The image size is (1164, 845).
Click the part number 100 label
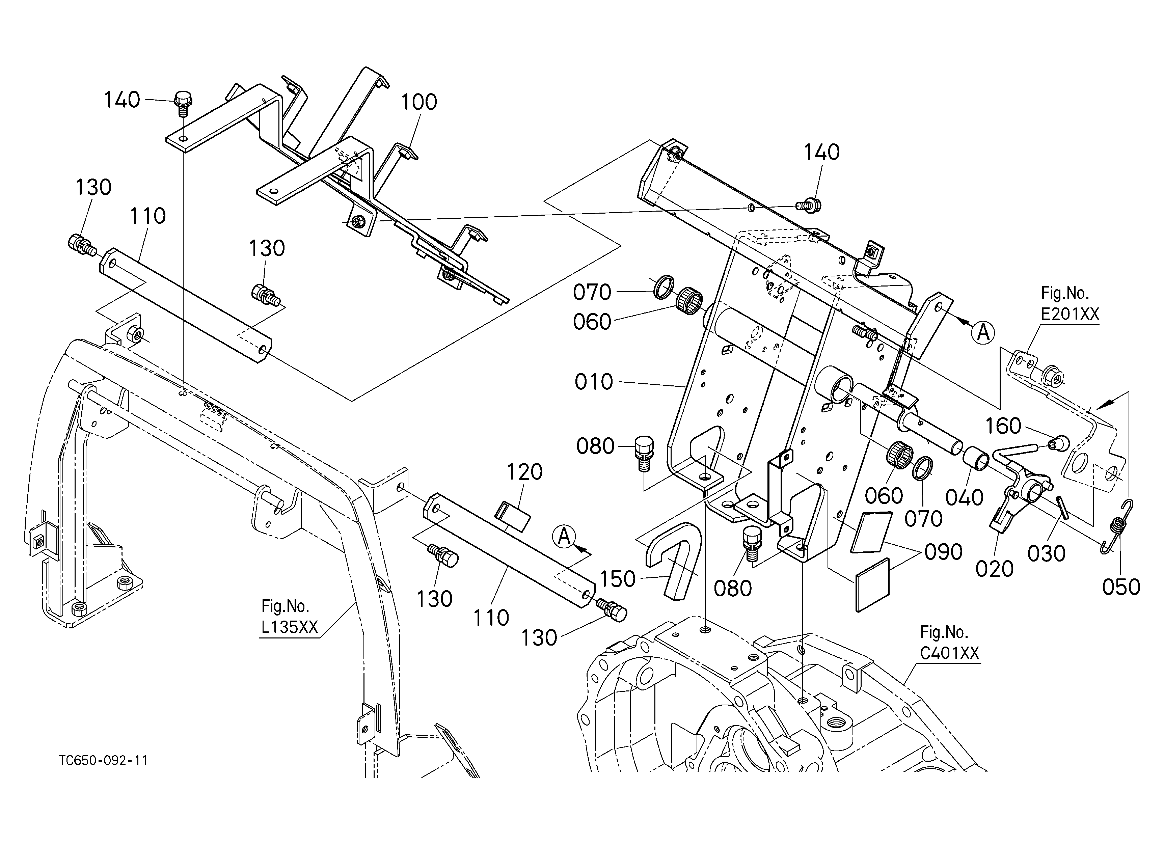point(419,102)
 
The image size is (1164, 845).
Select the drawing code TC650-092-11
point(103,760)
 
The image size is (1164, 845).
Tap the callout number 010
point(594,382)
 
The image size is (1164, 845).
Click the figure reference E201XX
point(1070,314)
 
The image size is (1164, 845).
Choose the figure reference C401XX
point(949,653)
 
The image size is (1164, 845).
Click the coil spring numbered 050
point(1117,526)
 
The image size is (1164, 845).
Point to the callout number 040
point(964,497)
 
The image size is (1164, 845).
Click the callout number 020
point(995,569)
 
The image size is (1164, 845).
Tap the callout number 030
point(1047,553)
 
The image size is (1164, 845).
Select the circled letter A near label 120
point(564,537)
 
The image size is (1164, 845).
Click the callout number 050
point(1121,587)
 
